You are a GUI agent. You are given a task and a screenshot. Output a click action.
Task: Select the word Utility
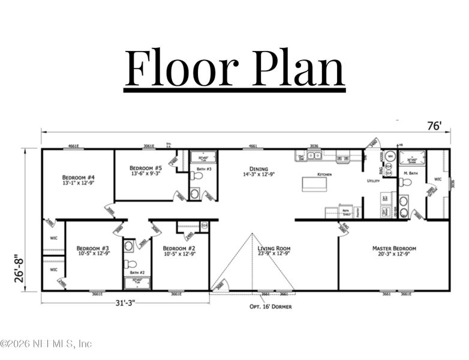tap(374, 181)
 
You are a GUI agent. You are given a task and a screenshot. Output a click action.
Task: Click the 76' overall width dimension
tap(434, 126)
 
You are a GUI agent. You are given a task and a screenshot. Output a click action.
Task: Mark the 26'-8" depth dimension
tap(20, 268)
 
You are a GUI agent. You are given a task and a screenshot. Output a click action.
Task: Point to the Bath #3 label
tap(205, 170)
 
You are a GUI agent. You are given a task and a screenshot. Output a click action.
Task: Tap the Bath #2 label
tap(130, 272)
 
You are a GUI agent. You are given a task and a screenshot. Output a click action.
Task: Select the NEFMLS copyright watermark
tap(46, 344)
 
